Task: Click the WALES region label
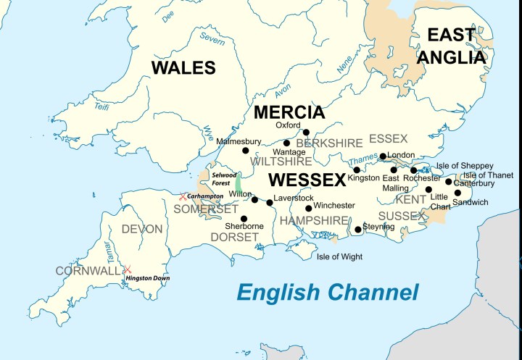pos(183,68)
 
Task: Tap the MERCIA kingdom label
pos(289,112)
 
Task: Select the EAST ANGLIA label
pos(456,46)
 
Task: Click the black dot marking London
pos(382,156)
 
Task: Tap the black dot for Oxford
pos(306,133)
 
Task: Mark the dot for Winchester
pos(309,208)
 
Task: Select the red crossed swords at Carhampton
pos(183,196)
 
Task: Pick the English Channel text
pos(328,293)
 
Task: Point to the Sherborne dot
pos(244,218)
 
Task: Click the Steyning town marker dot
pos(357,230)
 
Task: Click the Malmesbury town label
pos(239,141)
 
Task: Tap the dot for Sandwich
pos(457,193)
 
